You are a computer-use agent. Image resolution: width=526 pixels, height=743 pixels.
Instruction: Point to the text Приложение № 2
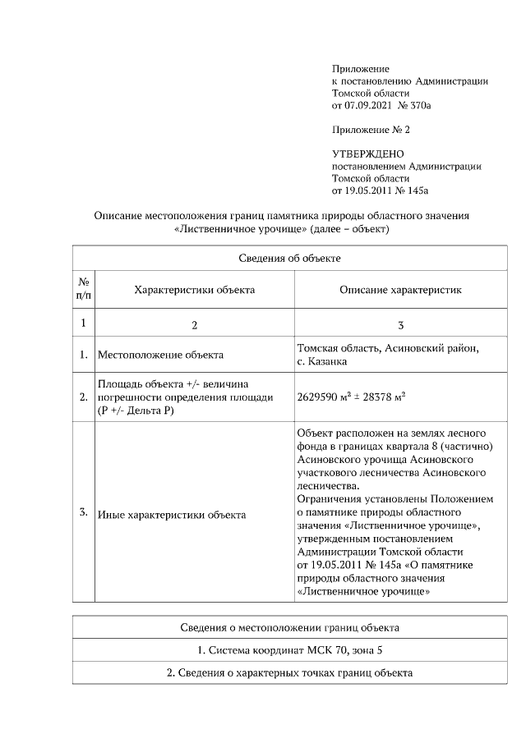(370, 130)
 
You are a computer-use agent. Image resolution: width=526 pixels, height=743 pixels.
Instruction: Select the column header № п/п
(84, 288)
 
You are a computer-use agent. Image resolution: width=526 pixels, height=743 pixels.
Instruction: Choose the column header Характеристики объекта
(194, 289)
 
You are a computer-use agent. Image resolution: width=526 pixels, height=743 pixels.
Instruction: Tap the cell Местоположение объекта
(160, 355)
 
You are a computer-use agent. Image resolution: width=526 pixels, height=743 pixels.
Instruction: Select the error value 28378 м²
(384, 397)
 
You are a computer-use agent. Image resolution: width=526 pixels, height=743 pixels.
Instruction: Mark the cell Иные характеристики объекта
(171, 515)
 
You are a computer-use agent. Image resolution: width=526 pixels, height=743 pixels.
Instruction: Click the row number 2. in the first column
(84, 397)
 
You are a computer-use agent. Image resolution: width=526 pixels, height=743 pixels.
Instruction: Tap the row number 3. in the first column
(84, 513)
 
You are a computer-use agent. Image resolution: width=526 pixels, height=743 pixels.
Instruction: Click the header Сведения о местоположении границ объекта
(289, 627)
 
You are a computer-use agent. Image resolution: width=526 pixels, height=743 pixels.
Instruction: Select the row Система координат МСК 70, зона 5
(289, 650)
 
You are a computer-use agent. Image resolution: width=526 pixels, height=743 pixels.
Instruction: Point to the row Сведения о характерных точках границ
(289, 673)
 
